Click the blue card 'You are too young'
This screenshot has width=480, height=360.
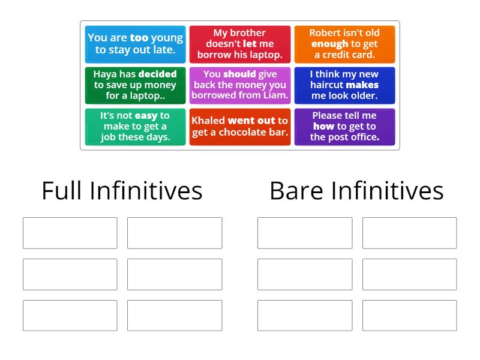[135, 44]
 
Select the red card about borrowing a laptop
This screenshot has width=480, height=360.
[239, 44]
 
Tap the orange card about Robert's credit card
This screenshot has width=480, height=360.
[344, 44]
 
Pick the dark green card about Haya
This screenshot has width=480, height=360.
[135, 85]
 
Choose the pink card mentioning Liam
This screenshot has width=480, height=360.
[239, 85]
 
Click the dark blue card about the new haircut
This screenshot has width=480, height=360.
[344, 85]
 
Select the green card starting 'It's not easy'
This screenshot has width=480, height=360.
[135, 126]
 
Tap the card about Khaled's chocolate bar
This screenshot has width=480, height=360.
[239, 126]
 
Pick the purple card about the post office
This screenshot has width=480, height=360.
[344, 126]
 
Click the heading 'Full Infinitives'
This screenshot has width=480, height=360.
[122, 191]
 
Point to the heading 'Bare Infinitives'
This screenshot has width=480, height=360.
[356, 191]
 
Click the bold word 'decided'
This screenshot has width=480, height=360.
[157, 74]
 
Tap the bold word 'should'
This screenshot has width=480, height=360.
[240, 74]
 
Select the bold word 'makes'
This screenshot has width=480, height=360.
[362, 85]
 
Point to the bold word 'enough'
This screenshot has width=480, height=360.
[329, 44]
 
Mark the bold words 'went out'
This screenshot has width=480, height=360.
[251, 121]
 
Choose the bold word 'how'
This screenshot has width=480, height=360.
[323, 126]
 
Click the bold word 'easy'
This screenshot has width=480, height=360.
[146, 115]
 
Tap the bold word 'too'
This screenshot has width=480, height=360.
[139, 38]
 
